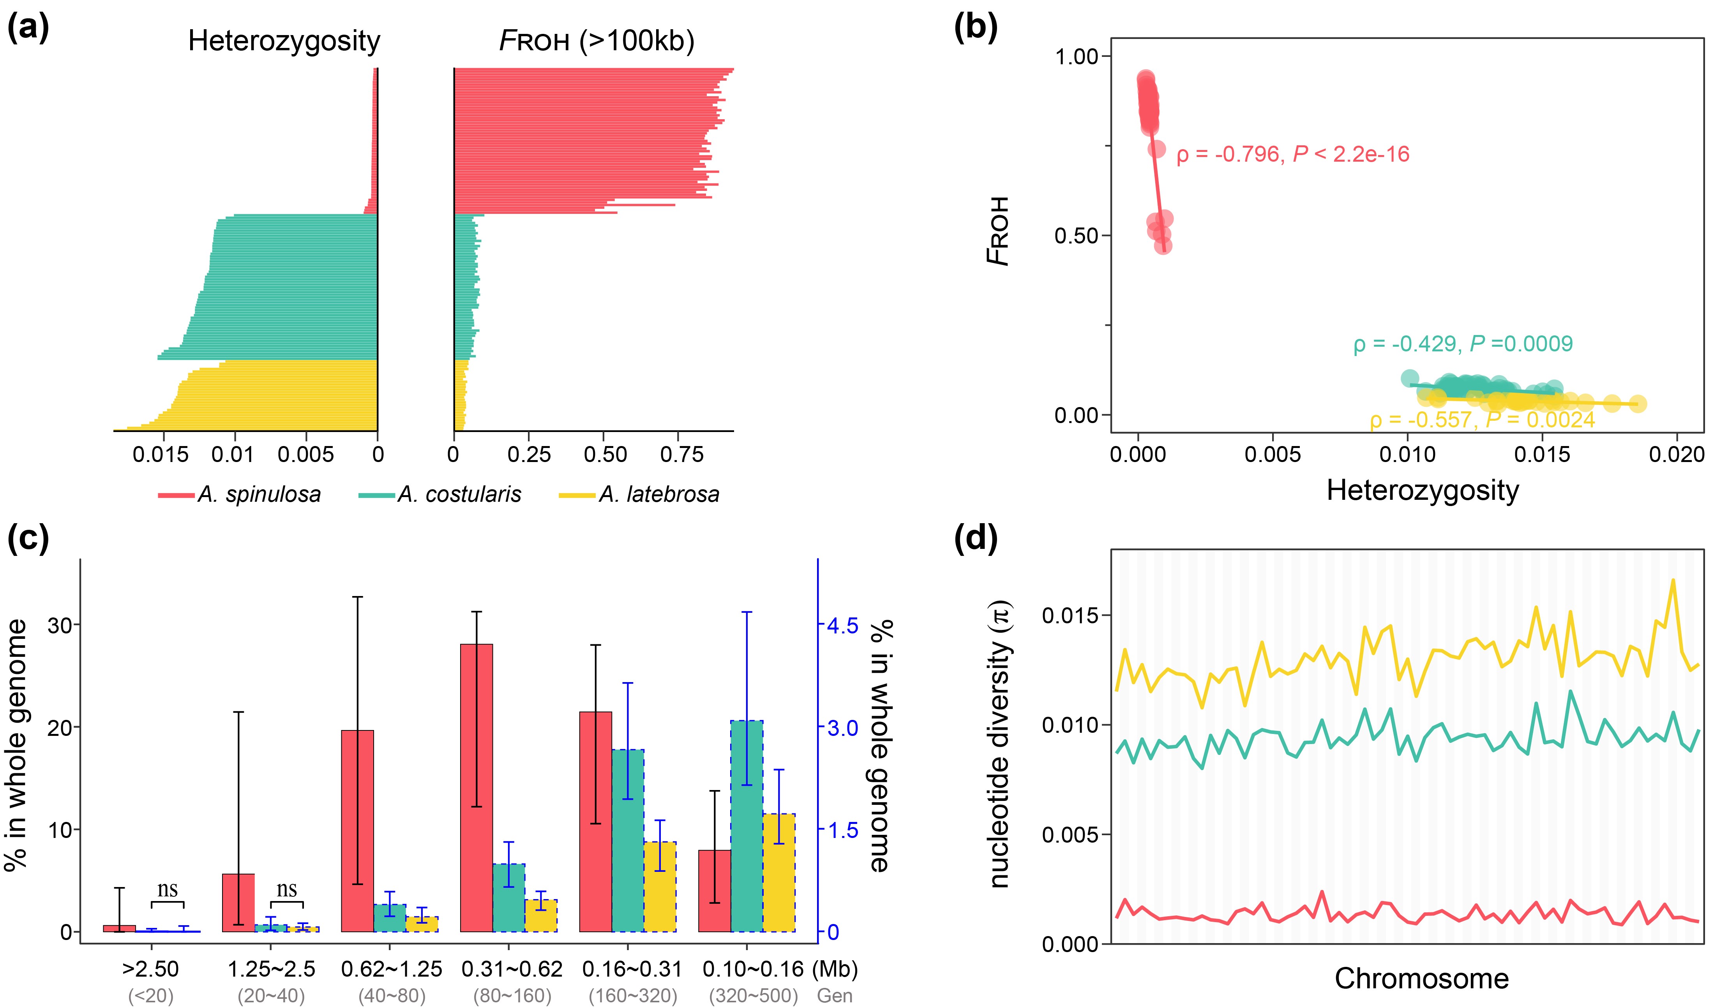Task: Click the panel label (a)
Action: point(28,29)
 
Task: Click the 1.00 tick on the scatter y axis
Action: point(1076,56)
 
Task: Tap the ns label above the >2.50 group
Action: point(167,889)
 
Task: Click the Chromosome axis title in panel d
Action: point(1421,978)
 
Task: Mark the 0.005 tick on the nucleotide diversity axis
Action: point(1070,834)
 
